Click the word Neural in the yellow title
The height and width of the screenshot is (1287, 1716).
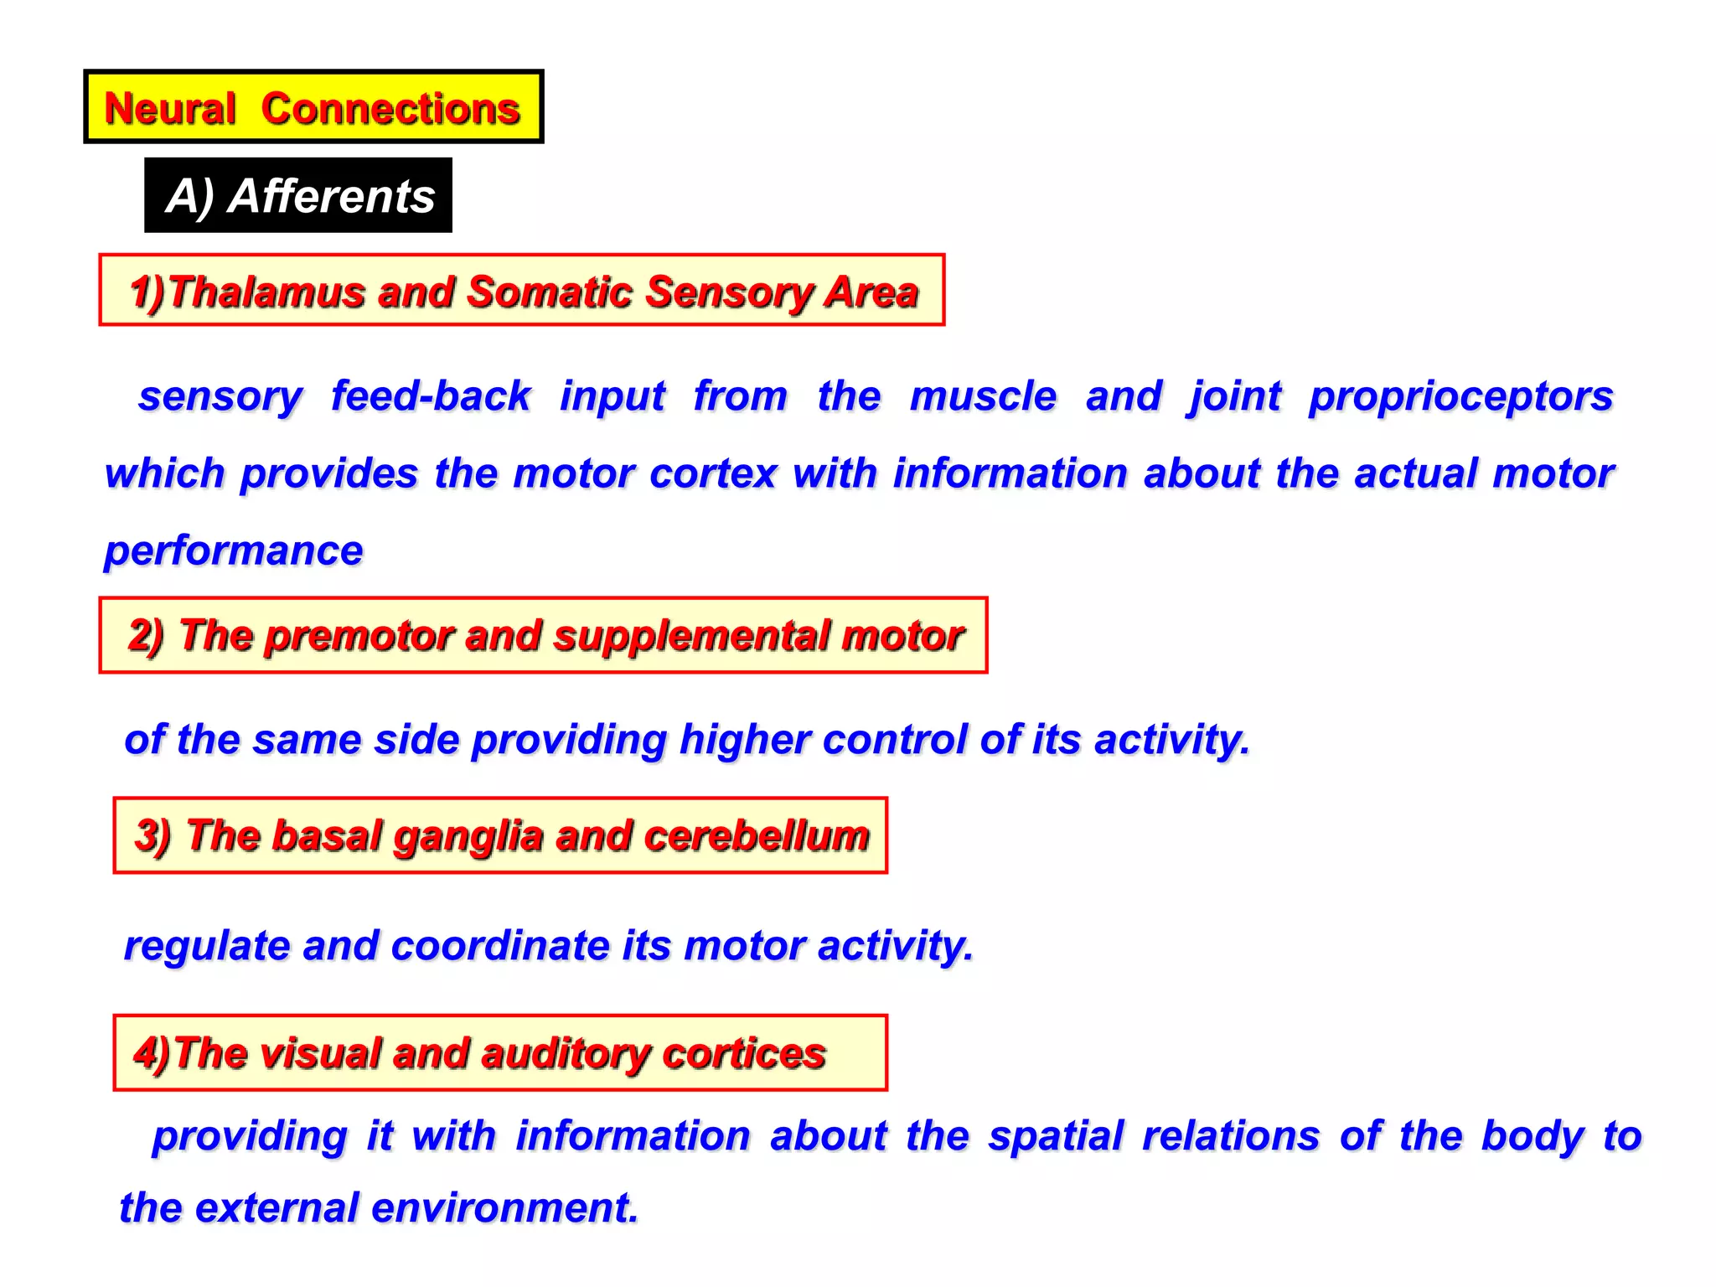(x=170, y=109)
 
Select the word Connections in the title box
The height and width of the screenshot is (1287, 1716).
(x=390, y=109)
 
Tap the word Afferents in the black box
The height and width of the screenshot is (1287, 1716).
(x=331, y=197)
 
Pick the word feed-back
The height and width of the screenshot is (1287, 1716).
(x=431, y=395)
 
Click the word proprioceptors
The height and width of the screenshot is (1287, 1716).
(x=1460, y=397)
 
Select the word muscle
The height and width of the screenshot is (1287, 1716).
(x=983, y=395)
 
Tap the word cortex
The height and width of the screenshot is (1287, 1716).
(x=713, y=473)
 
